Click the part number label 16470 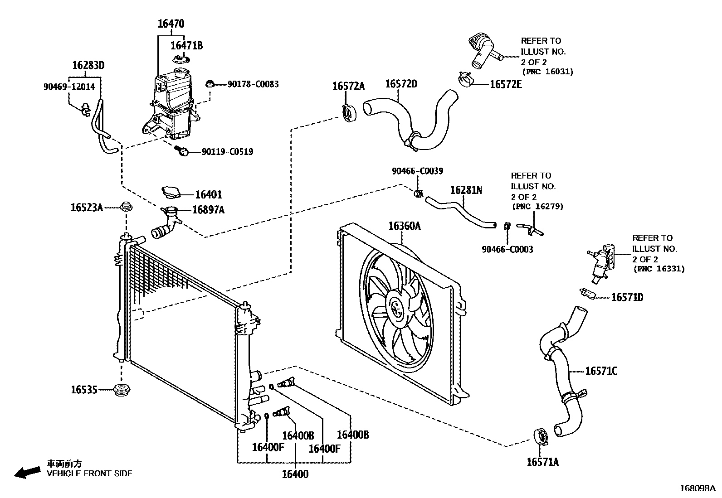click(x=171, y=24)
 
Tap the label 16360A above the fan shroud click(x=404, y=226)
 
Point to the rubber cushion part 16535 click(x=121, y=389)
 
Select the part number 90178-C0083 click(x=253, y=84)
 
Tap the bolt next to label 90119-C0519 click(x=182, y=151)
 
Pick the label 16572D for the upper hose click(x=401, y=84)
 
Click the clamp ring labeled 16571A click(x=541, y=436)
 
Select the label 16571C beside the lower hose click(x=601, y=371)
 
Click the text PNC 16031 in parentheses click(x=547, y=72)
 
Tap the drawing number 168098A click(x=697, y=488)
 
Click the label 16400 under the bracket click(x=295, y=474)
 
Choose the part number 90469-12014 click(x=69, y=87)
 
